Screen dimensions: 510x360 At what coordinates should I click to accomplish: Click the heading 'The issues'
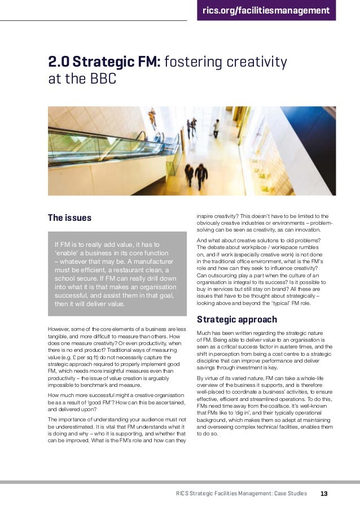click(x=69, y=217)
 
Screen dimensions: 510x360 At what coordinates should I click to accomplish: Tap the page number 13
click(x=324, y=493)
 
